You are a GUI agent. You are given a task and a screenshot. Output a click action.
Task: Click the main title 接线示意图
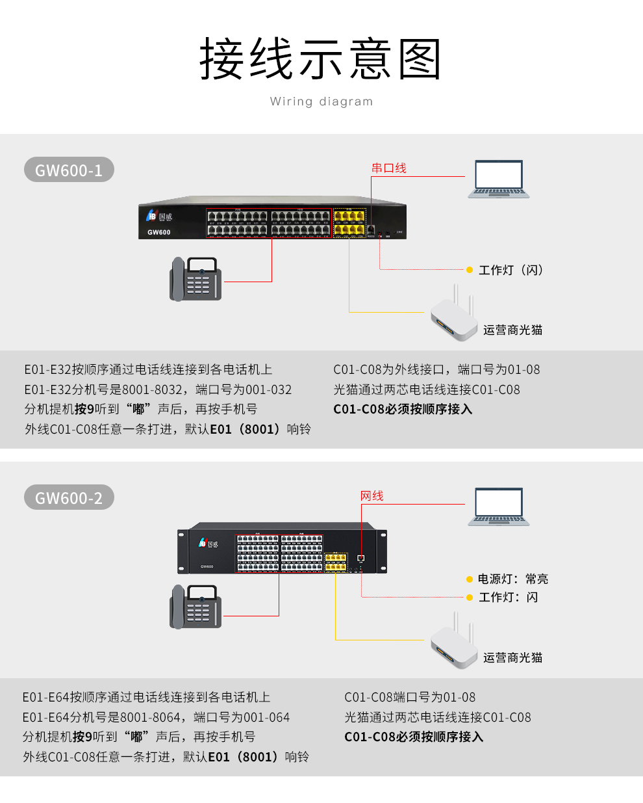[321, 59]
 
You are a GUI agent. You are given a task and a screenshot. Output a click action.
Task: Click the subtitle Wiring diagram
[321, 101]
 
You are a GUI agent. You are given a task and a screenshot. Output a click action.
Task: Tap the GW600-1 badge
[69, 170]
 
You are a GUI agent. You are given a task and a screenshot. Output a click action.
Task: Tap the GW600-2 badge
[69, 498]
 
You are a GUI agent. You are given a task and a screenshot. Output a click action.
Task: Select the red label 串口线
[388, 168]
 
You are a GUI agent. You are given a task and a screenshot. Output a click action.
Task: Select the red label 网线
[372, 496]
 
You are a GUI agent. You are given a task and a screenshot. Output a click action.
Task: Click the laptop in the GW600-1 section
[499, 179]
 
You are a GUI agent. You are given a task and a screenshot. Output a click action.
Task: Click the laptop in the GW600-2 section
[499, 507]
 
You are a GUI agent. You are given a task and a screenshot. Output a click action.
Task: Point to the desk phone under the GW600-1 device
[195, 279]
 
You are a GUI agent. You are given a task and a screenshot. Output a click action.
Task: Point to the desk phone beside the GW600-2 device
[195, 607]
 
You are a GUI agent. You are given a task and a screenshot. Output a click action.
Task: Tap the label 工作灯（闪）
[511, 270]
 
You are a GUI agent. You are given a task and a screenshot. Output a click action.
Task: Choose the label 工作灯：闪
[509, 597]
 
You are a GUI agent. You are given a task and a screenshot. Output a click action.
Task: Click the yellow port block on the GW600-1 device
[349, 223]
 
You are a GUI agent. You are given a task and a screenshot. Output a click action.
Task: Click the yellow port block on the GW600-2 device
[336, 562]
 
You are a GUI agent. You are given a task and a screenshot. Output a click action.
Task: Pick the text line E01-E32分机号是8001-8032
[158, 389]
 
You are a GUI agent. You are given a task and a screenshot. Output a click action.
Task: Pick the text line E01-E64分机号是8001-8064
[156, 717]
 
